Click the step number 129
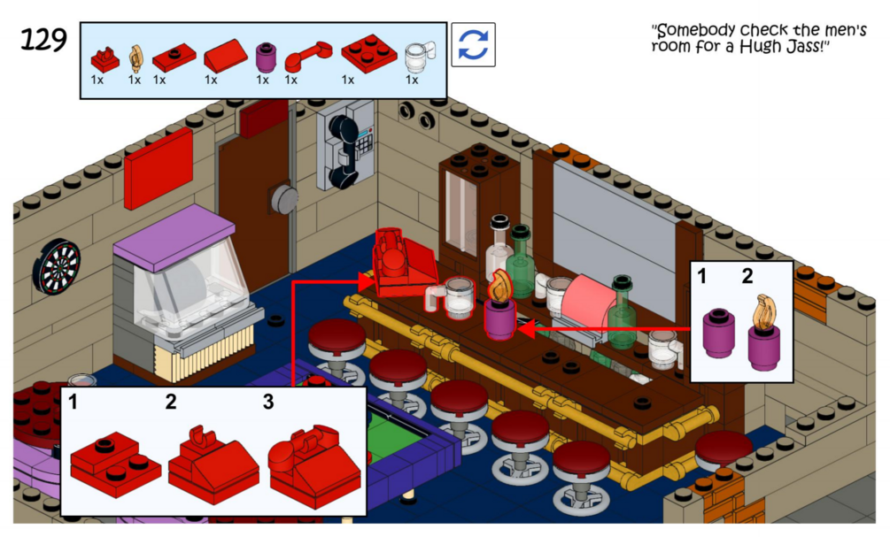click(x=43, y=40)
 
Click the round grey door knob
click(x=284, y=198)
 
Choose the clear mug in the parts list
click(x=414, y=58)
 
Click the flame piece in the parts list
click(x=135, y=58)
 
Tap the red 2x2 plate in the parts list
click(x=369, y=55)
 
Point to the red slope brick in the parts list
click(x=225, y=59)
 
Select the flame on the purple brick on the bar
click(x=500, y=286)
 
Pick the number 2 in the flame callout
click(x=747, y=277)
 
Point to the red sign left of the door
click(x=159, y=167)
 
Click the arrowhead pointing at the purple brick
click(x=524, y=330)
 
